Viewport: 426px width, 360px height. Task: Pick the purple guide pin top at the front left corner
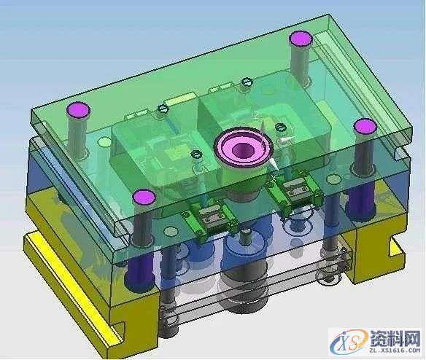[144, 196]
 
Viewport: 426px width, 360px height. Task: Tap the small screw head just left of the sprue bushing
[195, 154]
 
